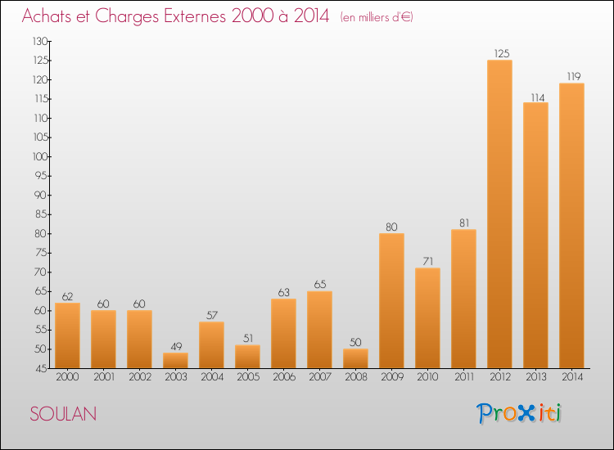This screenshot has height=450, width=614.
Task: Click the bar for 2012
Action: (x=499, y=214)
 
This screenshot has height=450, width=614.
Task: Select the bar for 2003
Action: (x=175, y=360)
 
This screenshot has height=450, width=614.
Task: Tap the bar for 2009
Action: (x=391, y=300)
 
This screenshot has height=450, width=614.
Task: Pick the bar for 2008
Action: (x=355, y=358)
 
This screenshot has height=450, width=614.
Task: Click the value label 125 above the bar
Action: (x=502, y=53)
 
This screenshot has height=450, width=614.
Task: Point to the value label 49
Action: (x=176, y=346)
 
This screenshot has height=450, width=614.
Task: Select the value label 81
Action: (x=464, y=223)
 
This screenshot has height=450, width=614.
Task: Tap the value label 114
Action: (x=538, y=97)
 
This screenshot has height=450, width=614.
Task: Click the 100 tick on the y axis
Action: (x=41, y=156)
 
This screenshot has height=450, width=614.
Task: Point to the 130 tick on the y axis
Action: (x=41, y=41)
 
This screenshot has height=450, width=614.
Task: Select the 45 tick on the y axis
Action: (x=43, y=368)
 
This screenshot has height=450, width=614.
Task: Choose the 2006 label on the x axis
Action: (x=284, y=376)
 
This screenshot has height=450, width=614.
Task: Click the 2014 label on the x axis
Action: (x=572, y=376)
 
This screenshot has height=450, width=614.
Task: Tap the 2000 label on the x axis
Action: (x=67, y=376)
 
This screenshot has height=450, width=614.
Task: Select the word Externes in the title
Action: (x=195, y=16)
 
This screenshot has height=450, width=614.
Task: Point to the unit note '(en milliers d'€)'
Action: (x=377, y=17)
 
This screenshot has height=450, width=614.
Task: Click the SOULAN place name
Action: (x=63, y=414)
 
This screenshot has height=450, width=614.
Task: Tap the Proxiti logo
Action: (x=519, y=413)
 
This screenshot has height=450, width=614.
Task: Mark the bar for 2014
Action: (x=571, y=226)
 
